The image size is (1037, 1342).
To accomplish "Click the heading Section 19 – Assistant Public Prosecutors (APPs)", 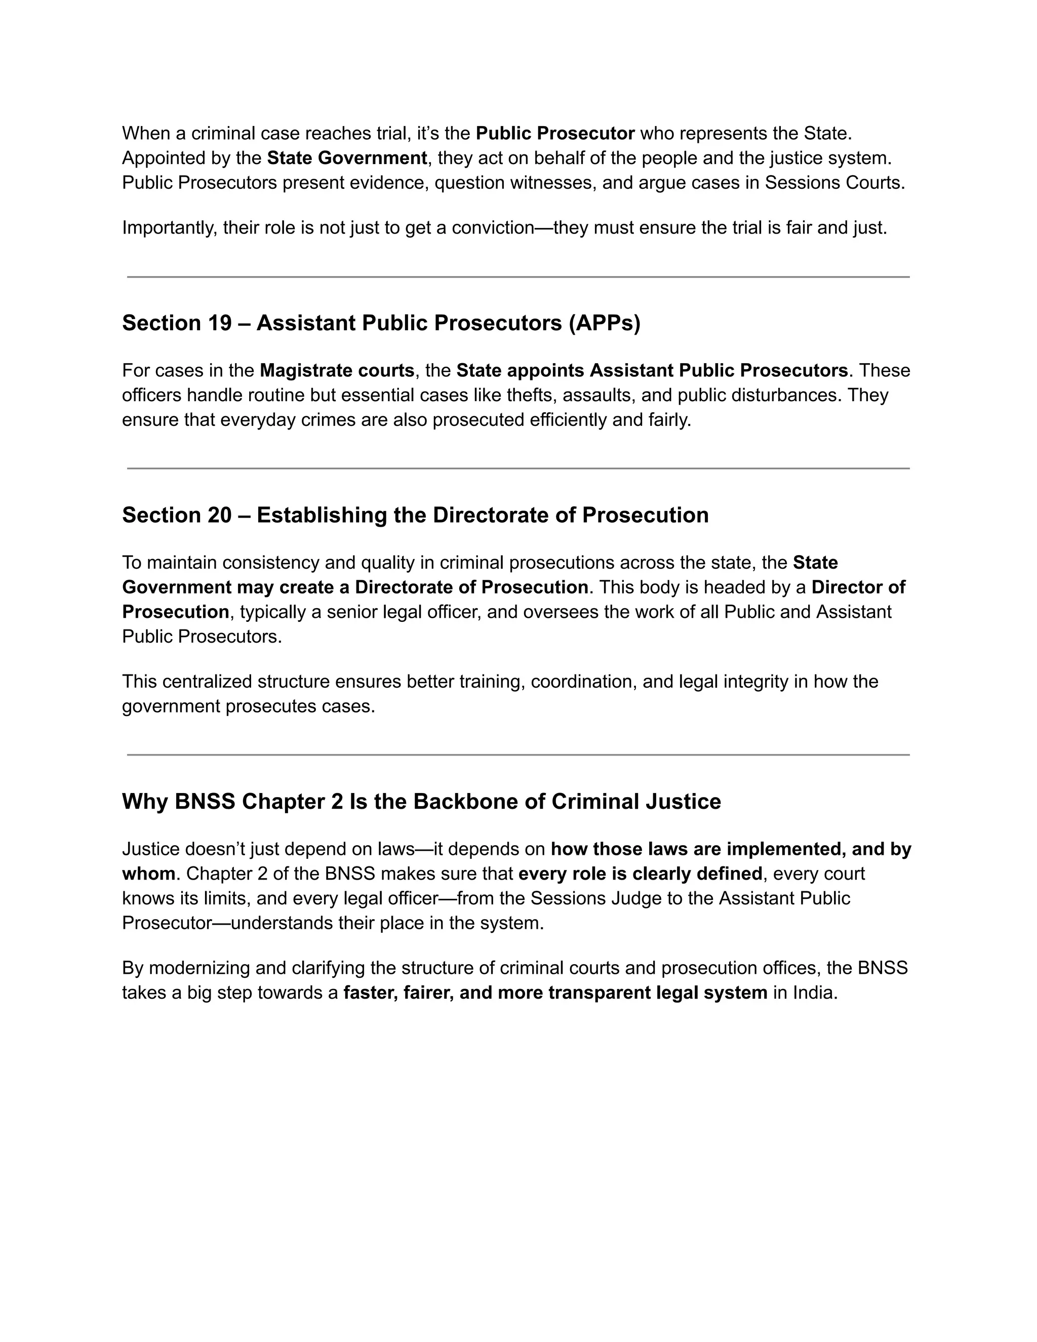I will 381,323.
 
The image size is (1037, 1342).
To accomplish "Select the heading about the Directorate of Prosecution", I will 415,515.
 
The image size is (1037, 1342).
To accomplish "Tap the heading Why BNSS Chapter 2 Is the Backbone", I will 421,801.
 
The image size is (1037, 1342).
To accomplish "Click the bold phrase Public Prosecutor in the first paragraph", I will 555,133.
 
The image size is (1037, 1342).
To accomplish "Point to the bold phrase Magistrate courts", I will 337,371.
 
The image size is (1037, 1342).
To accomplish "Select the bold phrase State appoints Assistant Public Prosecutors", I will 652,371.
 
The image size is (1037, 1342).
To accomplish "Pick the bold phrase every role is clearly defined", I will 640,874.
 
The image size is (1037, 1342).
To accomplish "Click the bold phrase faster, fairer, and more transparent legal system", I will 555,993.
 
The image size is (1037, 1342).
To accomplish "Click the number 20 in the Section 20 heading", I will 219,515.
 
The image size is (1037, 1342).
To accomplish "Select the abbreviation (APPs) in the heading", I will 604,323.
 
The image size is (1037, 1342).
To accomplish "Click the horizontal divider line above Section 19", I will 518,277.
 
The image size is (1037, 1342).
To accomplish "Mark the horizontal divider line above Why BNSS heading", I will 518,755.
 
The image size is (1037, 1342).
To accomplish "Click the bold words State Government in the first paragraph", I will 347,159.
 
